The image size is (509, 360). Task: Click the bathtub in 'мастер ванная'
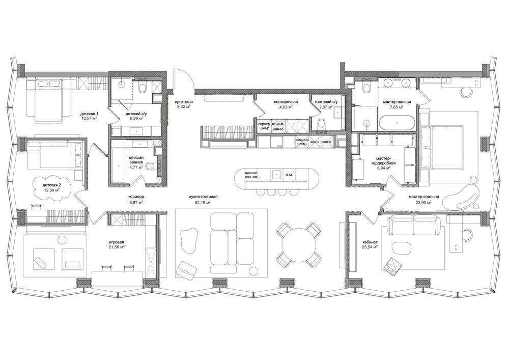(397, 123)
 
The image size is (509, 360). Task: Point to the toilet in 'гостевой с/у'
(322, 124)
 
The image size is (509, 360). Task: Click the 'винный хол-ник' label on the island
(251, 175)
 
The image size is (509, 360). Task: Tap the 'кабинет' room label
(370, 242)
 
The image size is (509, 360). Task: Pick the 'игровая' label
(117, 242)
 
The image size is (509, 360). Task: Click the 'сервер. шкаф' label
(264, 126)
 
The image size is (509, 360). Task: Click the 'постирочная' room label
(286, 102)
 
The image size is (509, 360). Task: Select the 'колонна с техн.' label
(301, 142)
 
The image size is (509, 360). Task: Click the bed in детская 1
(48, 100)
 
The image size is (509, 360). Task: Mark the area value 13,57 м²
(89, 119)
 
